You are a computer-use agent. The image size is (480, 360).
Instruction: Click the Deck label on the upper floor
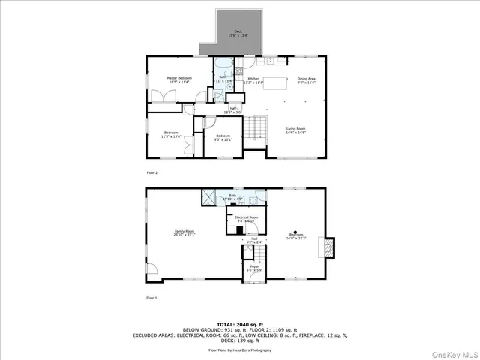pyautogui.click(x=238, y=32)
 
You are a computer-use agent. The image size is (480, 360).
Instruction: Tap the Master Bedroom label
pyautogui.click(x=179, y=79)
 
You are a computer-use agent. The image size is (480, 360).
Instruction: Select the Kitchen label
pyautogui.click(x=253, y=79)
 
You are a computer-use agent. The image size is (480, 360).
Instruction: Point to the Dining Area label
pyautogui.click(x=306, y=79)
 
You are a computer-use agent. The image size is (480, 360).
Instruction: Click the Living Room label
pyautogui.click(x=295, y=130)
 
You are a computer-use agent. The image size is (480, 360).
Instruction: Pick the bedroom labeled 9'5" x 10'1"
pyautogui.click(x=223, y=137)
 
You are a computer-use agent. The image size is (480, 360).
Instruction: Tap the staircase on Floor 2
pyautogui.click(x=258, y=128)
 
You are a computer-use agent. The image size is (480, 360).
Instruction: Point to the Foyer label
pyautogui.click(x=254, y=266)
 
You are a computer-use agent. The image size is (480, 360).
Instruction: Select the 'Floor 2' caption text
pyautogui.click(x=152, y=173)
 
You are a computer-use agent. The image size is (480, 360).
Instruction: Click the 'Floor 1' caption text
pyautogui.click(x=152, y=298)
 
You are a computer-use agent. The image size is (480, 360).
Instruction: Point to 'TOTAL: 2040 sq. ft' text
pyautogui.click(x=241, y=323)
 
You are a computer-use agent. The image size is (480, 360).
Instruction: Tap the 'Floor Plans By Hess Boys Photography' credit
pyautogui.click(x=241, y=349)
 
